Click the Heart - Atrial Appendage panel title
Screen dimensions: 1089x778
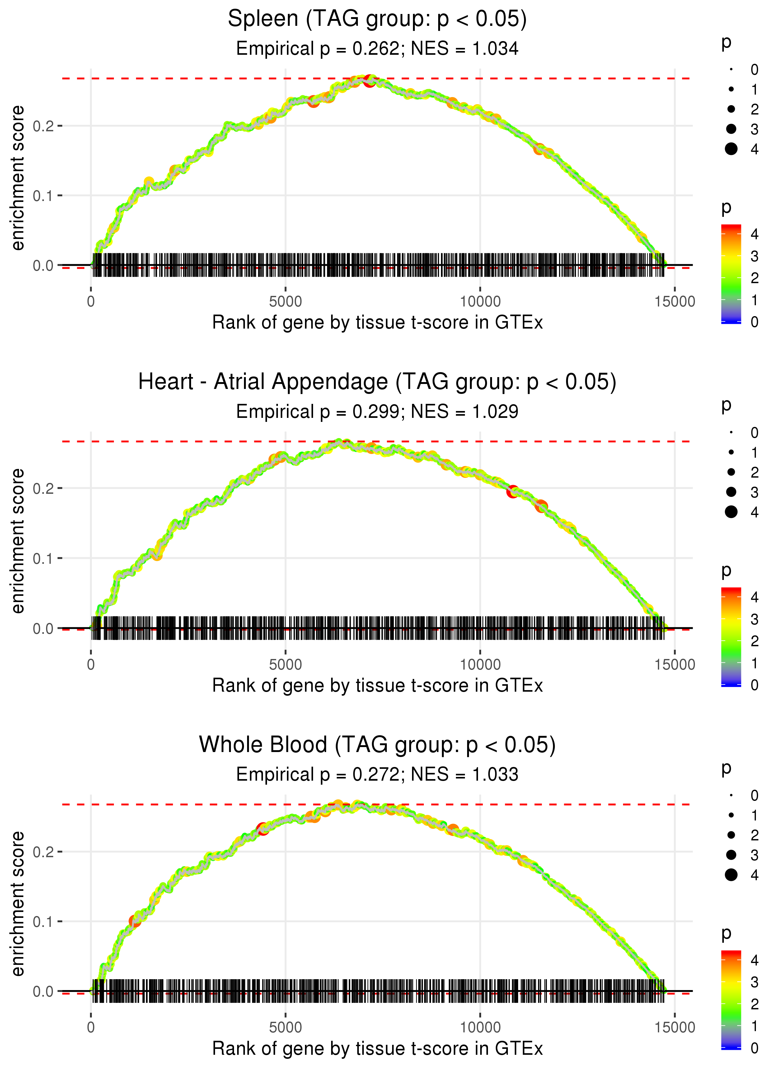coord(377,382)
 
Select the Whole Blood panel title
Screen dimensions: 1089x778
coord(377,745)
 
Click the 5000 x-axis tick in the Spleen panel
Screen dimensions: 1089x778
coord(285,302)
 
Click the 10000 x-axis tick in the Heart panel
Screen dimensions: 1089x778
coord(480,665)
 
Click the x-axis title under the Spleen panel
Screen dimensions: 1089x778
coord(377,323)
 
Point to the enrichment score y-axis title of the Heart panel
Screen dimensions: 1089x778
coord(18,541)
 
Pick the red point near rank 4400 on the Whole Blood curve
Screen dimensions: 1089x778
coord(263,829)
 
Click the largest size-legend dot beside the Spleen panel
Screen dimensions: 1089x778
coord(731,149)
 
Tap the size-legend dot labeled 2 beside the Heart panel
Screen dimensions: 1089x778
coord(731,472)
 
